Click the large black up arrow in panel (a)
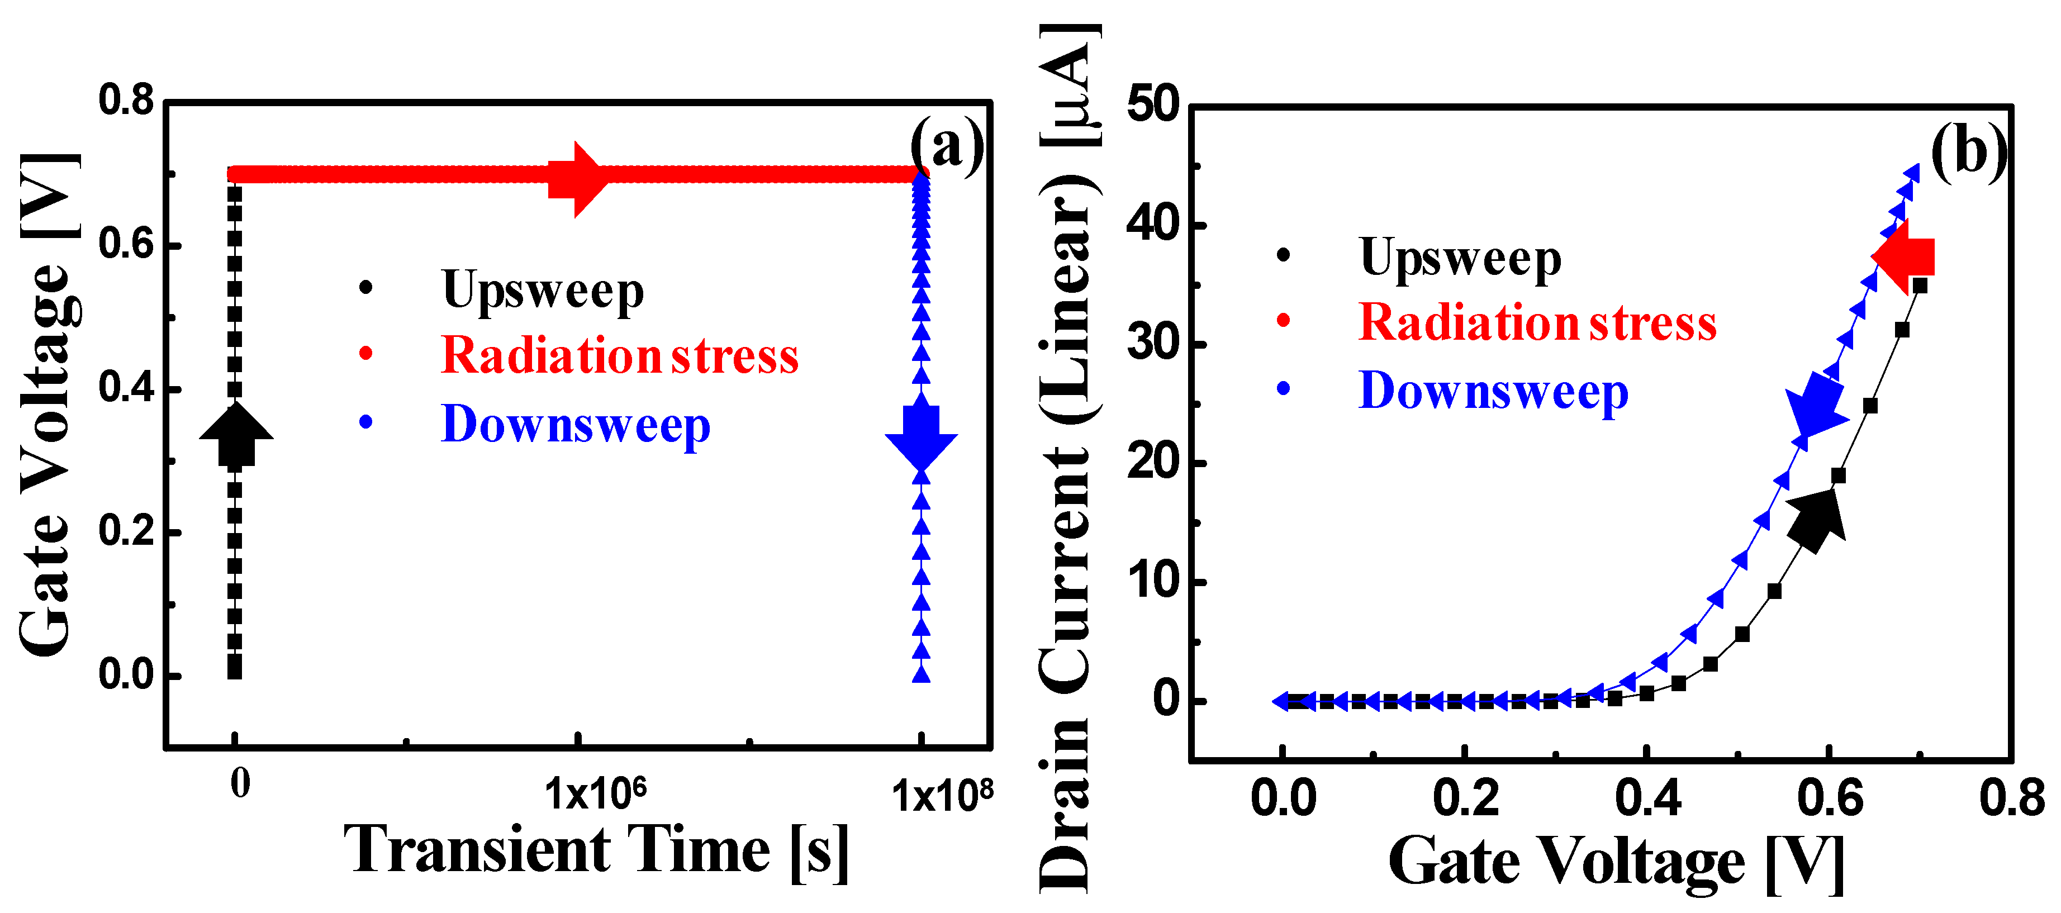(236, 435)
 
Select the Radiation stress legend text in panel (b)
(1537, 324)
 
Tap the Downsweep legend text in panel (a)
(575, 424)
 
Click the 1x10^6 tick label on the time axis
(595, 795)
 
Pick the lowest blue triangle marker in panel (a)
(922, 674)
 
